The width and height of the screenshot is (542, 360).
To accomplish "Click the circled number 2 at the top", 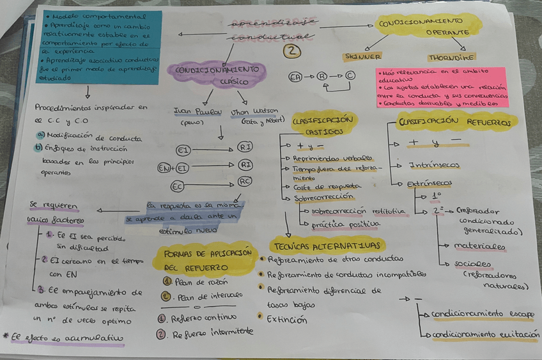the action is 291,51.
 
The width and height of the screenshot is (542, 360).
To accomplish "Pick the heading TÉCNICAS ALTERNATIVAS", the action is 327,246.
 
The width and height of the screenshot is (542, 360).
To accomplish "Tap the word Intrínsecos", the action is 434,165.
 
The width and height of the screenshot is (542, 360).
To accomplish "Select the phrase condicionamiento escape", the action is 483,314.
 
